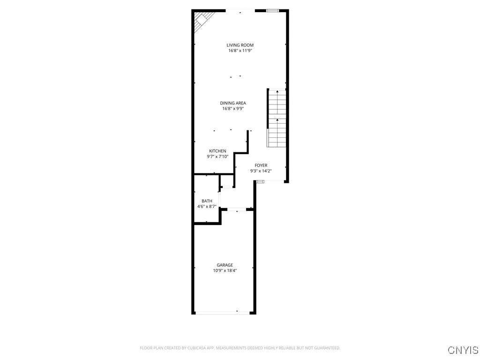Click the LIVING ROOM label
coord(240,45)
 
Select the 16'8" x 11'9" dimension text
coord(240,51)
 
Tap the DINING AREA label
coord(233,103)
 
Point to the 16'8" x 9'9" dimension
coord(233,109)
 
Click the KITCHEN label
coord(217,151)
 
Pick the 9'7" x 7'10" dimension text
coord(217,157)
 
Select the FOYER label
coord(261,165)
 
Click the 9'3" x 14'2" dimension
coord(261,171)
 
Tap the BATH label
coord(207,201)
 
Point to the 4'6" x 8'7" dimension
coord(207,207)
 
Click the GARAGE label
coord(225,265)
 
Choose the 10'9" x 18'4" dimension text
coord(225,270)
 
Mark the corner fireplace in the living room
coord(203,20)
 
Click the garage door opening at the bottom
coord(223,312)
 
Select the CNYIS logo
coord(463,350)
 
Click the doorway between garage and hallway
coord(237,209)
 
